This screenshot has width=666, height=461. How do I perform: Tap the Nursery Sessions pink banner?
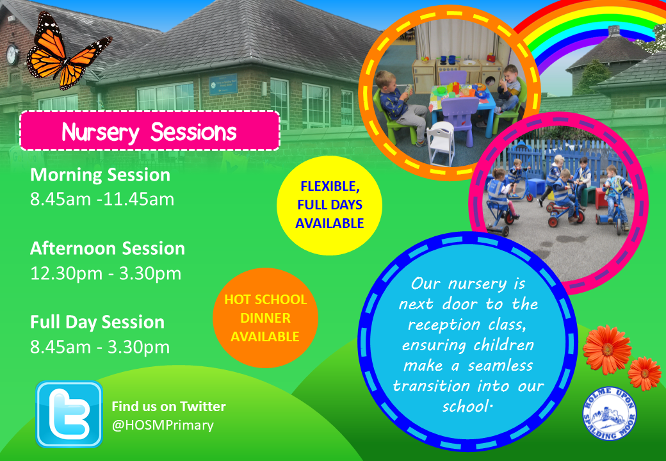150,131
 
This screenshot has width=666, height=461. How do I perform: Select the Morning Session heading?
101,175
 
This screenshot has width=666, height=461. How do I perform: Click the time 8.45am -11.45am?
102,199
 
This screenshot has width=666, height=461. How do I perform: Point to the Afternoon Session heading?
108,248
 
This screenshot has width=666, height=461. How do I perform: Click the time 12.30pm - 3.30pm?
106,273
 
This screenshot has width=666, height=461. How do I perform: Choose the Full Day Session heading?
97,321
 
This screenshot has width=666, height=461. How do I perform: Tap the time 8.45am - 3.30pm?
100,347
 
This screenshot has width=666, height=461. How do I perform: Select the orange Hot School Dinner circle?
265,318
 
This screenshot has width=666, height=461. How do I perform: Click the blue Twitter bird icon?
69,414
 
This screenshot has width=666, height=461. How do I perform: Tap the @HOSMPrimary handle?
163,425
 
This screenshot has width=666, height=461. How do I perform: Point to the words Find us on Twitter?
168,406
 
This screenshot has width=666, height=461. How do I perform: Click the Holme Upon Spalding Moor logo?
609,413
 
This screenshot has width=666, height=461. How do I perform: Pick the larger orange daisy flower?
606,349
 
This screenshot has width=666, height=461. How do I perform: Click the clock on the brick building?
12,54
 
